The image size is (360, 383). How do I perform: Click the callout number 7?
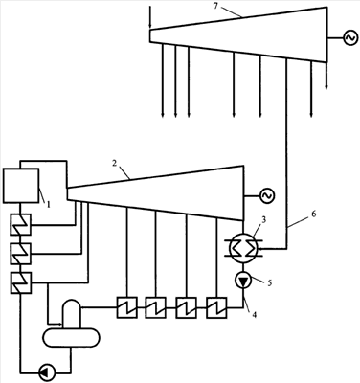[x=215, y=6]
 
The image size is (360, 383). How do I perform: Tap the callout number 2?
[x=114, y=163]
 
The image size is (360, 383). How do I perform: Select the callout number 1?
[x=49, y=205]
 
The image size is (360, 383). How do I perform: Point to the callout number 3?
[x=263, y=219]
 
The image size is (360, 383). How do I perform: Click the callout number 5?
[x=270, y=282]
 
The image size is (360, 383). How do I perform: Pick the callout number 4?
[x=254, y=314]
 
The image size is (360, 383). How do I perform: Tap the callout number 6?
[x=314, y=214]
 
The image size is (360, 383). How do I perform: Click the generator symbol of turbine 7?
[x=350, y=38]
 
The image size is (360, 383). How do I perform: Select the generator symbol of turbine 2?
[x=267, y=195]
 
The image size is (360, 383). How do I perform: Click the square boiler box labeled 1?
[x=21, y=186]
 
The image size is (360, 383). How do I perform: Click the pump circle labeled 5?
[x=243, y=281]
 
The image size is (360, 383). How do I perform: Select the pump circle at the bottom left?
[x=47, y=372]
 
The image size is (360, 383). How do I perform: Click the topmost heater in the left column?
[x=20, y=224]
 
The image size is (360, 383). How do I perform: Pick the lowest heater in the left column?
[x=20, y=282]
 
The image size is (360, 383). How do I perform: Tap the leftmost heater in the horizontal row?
[x=126, y=307]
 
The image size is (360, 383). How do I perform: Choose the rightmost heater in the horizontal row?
[x=216, y=307]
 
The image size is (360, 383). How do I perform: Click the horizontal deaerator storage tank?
[x=72, y=337]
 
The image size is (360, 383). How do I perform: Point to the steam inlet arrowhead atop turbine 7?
[x=150, y=27]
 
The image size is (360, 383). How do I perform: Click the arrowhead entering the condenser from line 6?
[x=259, y=248]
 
